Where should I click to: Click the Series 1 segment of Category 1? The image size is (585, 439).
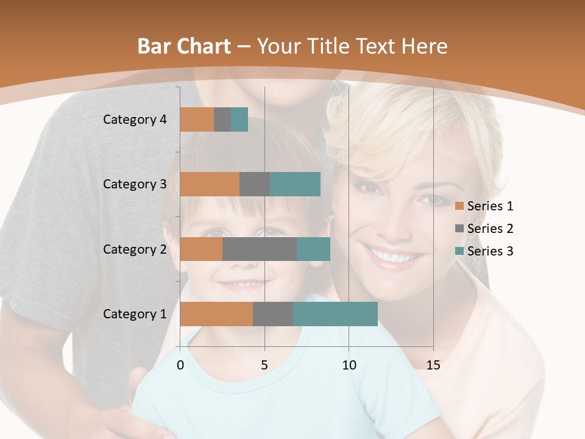[x=216, y=314]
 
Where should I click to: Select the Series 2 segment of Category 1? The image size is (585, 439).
[x=273, y=314]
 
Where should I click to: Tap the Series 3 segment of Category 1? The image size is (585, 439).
[x=335, y=314]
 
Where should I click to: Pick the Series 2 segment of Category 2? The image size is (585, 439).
[x=260, y=249]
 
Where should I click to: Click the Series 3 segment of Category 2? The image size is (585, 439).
[x=313, y=249]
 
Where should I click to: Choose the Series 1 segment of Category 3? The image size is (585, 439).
[x=210, y=184]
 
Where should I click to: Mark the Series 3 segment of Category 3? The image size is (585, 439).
[x=295, y=184]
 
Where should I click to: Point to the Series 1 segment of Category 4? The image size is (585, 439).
[x=197, y=120]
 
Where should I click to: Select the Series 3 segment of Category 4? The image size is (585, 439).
[x=239, y=120]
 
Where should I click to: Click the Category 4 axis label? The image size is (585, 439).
[x=135, y=120]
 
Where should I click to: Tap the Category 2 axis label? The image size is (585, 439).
[x=135, y=249]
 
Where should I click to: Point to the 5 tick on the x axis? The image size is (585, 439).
[x=264, y=365]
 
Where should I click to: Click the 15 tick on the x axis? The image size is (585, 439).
[x=433, y=365]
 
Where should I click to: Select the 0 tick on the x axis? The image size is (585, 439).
[x=180, y=365]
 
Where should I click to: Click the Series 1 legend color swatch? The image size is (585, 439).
[x=459, y=206]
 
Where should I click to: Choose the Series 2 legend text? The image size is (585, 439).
[x=491, y=229]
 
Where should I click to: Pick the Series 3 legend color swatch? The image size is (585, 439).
[x=459, y=251]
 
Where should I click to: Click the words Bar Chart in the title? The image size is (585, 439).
[x=184, y=46]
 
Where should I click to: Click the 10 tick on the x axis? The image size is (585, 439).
[x=349, y=365]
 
